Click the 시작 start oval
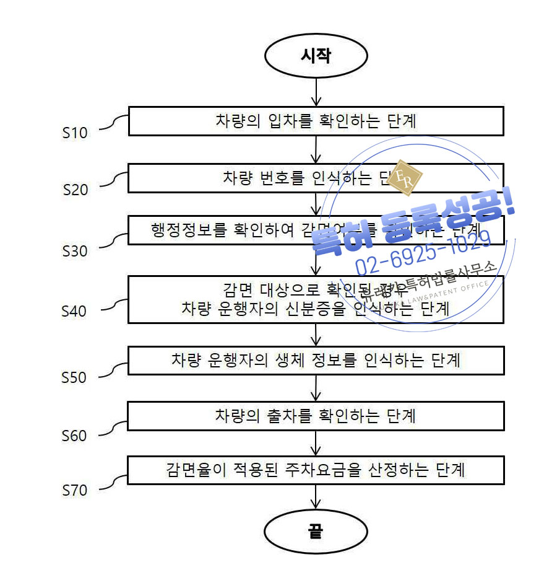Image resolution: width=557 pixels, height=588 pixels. coord(316,56)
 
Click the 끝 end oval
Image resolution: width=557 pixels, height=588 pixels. coord(316,532)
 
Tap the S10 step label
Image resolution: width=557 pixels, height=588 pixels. coord(75,133)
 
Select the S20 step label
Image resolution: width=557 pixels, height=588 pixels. coord(76,190)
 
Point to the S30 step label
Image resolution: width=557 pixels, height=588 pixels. coord(75,251)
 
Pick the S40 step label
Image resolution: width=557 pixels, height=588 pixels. coord(74,311)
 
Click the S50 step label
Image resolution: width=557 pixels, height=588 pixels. coord(74,377)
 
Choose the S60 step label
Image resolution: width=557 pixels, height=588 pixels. coord(74,436)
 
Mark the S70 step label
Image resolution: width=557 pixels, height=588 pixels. coord(75,491)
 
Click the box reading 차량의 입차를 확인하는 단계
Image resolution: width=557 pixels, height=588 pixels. coord(316,121)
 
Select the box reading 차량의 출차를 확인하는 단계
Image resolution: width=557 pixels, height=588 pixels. coord(316,416)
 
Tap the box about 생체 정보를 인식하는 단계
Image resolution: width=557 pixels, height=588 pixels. coord(316,360)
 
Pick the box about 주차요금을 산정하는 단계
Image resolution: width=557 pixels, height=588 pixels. coord(316,470)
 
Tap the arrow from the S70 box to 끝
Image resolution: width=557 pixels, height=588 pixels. coord(316,497)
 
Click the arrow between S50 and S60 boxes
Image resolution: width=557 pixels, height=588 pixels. coord(316,388)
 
